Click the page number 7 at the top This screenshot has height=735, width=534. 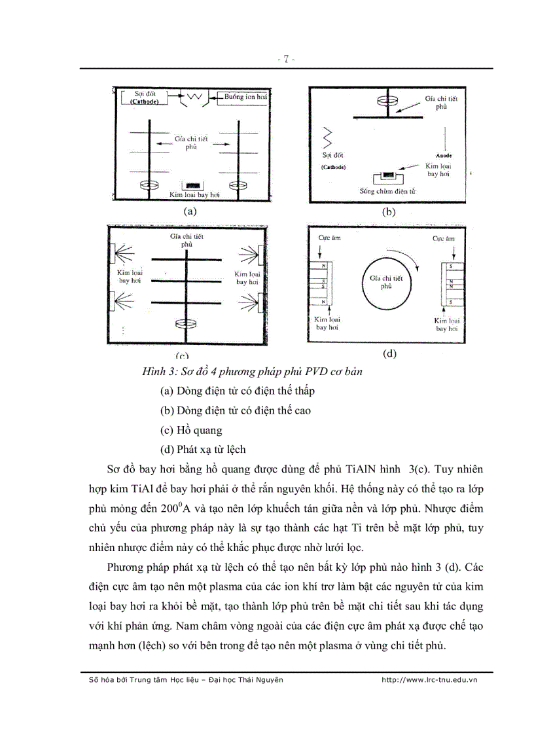[x=286, y=60]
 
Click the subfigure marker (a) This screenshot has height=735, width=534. [x=190, y=211]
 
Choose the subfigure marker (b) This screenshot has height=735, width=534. [x=389, y=212]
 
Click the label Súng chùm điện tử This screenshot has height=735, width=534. [x=388, y=192]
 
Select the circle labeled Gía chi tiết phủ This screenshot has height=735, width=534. [x=385, y=282]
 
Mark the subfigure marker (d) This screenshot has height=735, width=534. [x=389, y=353]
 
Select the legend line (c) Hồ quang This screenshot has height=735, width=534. [x=191, y=430]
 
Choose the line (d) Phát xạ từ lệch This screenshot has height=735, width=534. [x=203, y=450]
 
